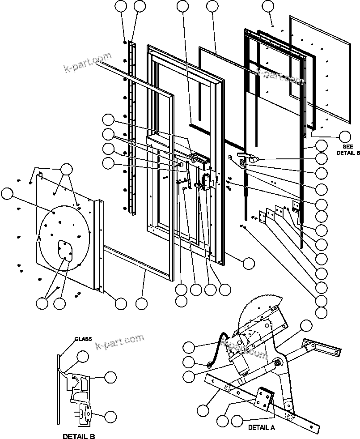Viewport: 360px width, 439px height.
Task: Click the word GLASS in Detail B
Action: pos(83,339)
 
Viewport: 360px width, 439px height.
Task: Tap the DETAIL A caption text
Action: pos(262,427)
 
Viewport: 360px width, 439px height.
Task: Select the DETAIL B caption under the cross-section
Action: pos(79,436)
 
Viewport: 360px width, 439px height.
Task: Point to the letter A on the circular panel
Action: pos(39,239)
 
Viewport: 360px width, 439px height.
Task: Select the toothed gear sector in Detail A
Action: pos(257,309)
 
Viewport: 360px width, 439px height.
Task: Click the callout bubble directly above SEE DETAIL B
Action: pos(345,136)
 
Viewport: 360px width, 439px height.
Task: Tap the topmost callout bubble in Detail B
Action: pos(82,357)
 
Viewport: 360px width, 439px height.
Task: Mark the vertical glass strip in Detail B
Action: pos(59,389)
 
